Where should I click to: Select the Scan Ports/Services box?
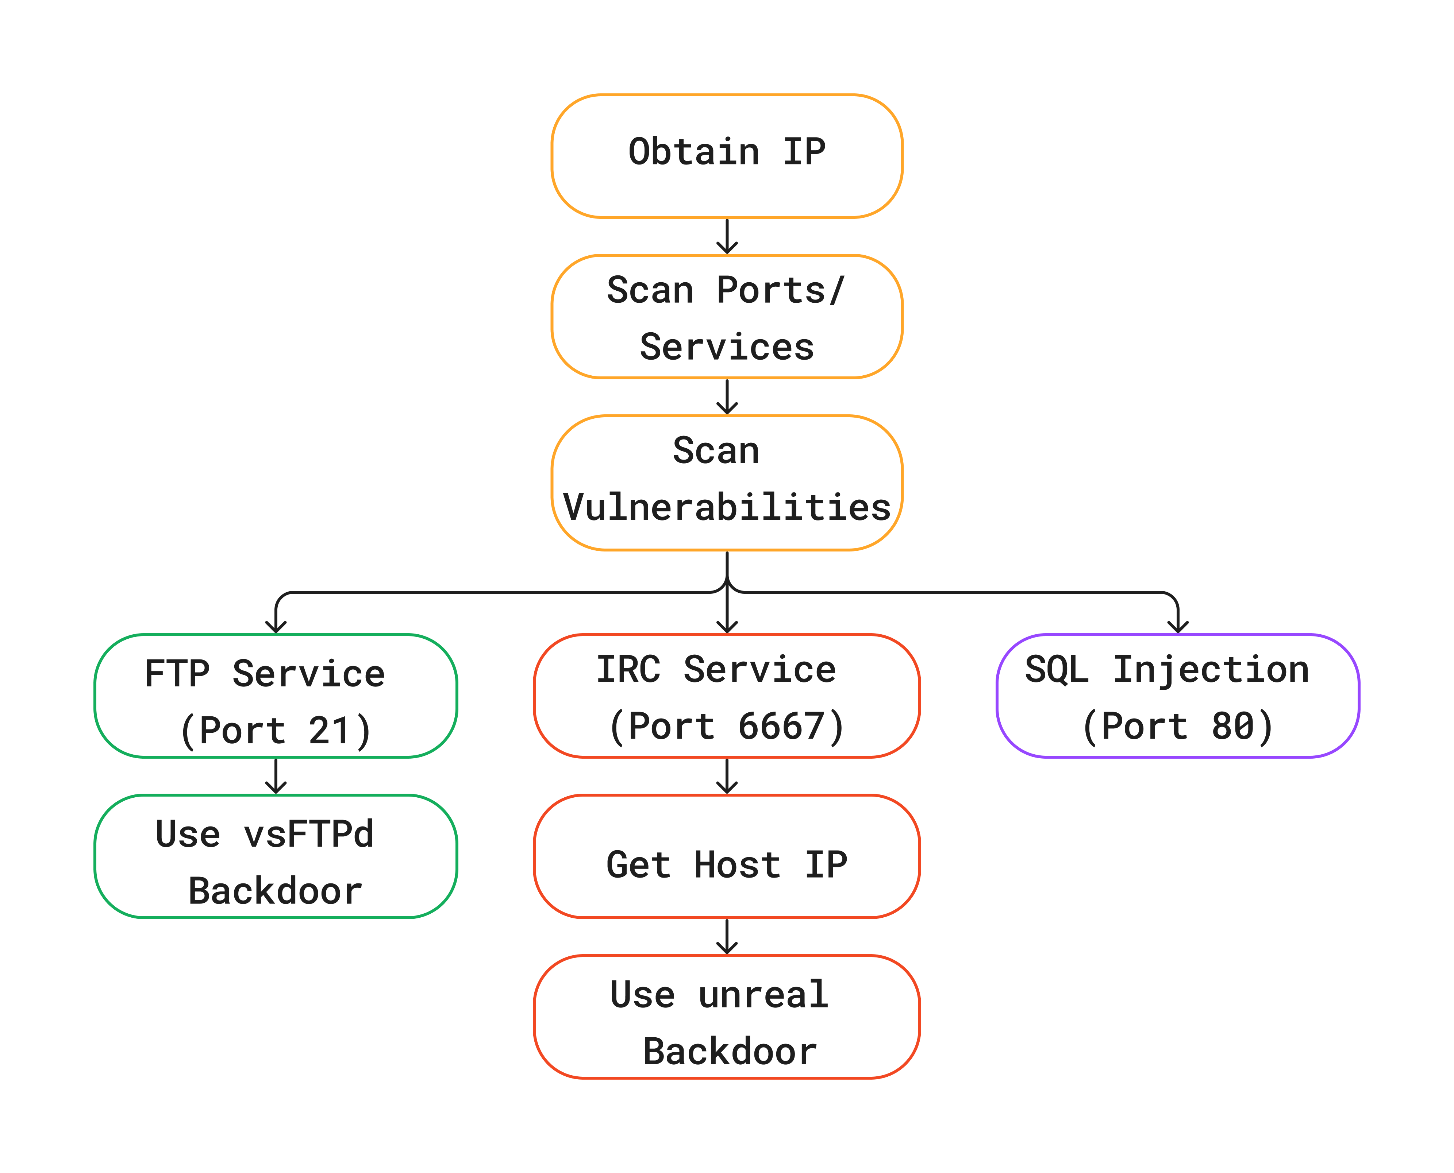[x=727, y=316]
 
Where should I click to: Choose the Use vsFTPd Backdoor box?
[x=276, y=856]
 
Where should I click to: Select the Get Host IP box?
[x=727, y=856]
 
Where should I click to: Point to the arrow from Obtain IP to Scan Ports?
[x=727, y=236]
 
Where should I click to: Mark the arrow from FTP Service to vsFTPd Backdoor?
[x=276, y=776]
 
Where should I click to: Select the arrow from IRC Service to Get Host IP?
[x=727, y=776]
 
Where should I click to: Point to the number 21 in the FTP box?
[x=329, y=731]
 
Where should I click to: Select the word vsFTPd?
[x=308, y=834]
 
